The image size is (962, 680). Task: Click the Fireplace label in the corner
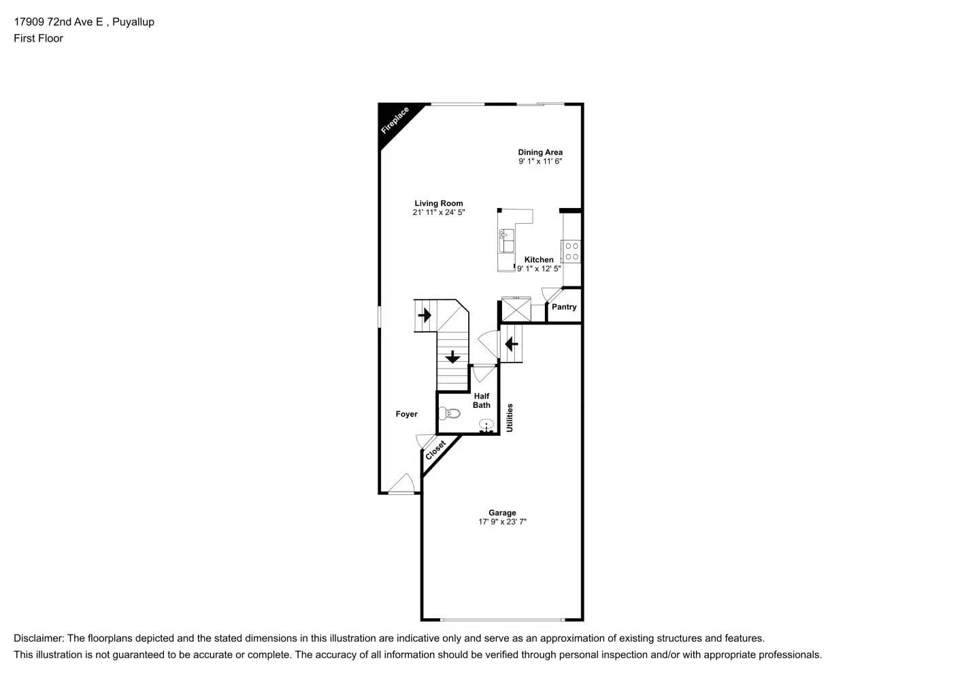click(395, 120)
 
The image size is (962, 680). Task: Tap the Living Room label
click(439, 203)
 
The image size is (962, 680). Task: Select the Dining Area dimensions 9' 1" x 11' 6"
click(540, 162)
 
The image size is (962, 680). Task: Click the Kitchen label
click(539, 260)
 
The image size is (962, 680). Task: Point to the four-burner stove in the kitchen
click(571, 252)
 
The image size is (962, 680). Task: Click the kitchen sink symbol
click(505, 239)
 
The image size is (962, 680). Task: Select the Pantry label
click(564, 307)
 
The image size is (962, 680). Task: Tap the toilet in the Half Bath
click(448, 413)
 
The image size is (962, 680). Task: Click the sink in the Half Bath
click(486, 426)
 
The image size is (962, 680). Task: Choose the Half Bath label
click(482, 401)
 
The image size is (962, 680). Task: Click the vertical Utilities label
click(510, 418)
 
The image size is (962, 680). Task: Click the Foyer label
click(407, 414)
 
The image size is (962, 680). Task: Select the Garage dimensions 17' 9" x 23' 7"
click(502, 522)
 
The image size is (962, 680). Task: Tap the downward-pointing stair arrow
click(452, 356)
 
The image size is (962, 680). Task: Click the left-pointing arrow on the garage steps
click(511, 345)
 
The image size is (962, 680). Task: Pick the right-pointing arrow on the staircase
click(425, 316)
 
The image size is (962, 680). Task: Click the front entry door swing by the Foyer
click(402, 484)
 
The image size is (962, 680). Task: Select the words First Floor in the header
click(38, 38)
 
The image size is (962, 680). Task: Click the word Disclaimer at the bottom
click(38, 639)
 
